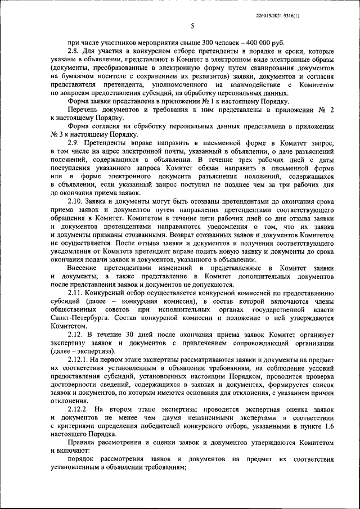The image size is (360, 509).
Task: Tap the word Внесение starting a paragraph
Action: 84,268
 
